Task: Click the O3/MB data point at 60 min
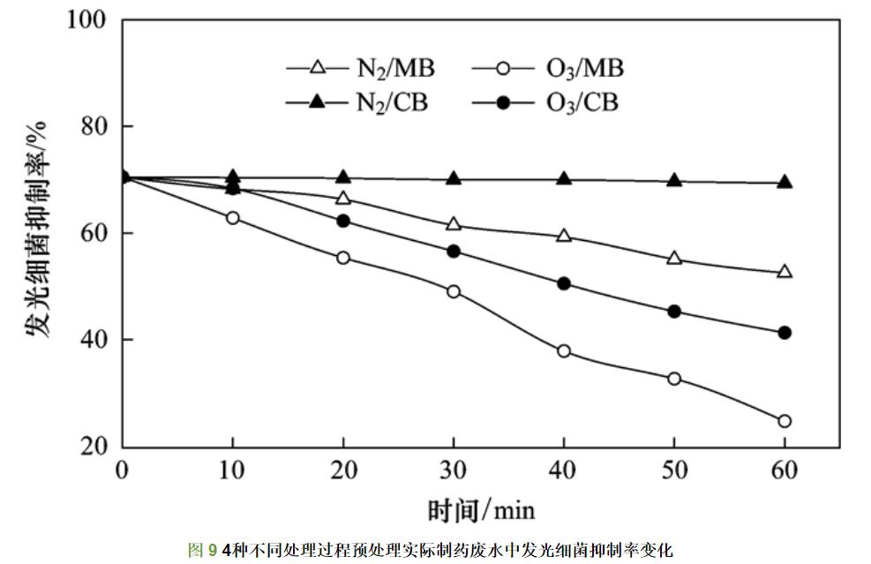click(785, 421)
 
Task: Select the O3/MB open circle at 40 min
click(564, 351)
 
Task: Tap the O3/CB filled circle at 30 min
click(454, 252)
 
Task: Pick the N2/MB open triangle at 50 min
click(674, 259)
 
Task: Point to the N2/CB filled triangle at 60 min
click(785, 182)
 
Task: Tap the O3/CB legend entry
click(547, 103)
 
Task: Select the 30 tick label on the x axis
click(454, 470)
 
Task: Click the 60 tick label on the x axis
click(785, 470)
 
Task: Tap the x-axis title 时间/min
click(482, 510)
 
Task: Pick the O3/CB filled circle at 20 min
click(343, 221)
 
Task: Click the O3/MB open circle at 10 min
click(233, 218)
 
